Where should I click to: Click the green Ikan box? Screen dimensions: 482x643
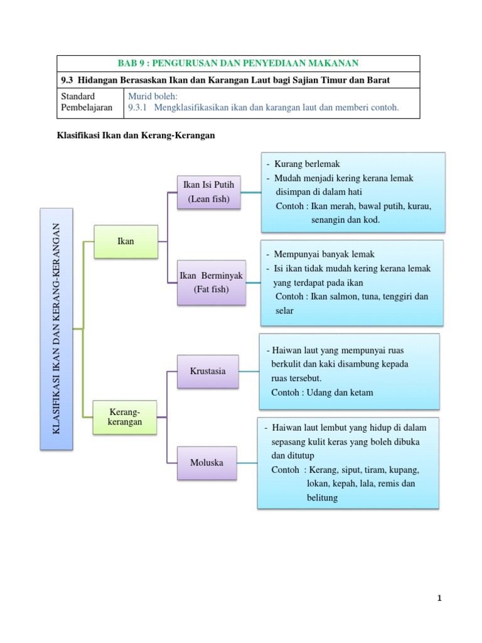point(126,242)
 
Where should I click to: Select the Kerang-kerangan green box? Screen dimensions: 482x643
point(125,417)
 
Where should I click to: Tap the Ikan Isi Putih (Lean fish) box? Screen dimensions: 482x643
point(208,192)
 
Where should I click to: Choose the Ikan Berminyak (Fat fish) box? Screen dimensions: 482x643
point(212,283)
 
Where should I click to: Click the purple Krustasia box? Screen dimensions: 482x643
point(208,372)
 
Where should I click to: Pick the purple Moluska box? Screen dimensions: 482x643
point(207,463)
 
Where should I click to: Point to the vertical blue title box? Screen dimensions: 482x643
point(56,329)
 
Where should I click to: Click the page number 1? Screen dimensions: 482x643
point(439,598)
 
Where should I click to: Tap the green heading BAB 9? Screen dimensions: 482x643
point(238,63)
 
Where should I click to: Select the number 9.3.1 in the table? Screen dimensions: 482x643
point(137,107)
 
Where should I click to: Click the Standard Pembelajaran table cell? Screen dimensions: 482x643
point(90,103)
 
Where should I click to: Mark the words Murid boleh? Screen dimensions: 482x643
point(153,96)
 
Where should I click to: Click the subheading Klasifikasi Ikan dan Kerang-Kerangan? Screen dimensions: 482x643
point(136,136)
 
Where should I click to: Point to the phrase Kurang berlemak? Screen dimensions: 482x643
point(307,164)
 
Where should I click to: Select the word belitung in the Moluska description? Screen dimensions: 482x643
point(322,498)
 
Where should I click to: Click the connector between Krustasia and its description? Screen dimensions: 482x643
point(249,372)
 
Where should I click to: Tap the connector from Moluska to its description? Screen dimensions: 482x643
point(247,463)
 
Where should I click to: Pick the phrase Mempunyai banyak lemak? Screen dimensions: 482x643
point(324,254)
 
